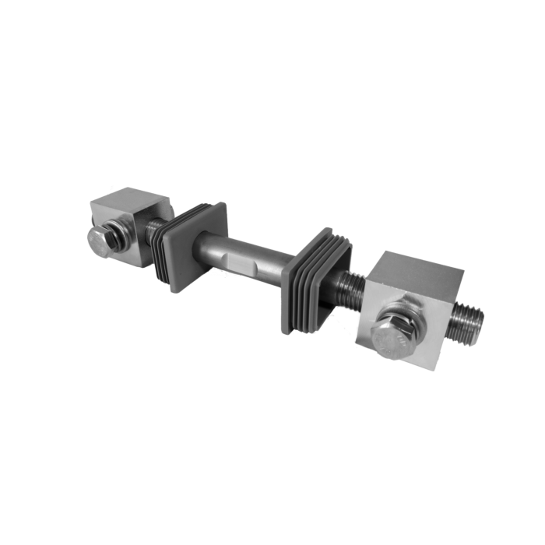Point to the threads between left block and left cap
tap(156, 227)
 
